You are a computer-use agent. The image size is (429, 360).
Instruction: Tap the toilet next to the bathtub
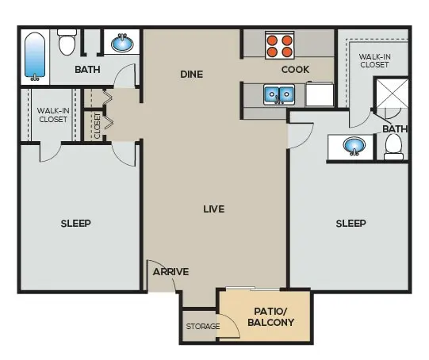coord(67,42)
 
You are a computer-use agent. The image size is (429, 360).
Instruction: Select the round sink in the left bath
coord(122,44)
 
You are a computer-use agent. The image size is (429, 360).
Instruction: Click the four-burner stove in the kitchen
coord(280,45)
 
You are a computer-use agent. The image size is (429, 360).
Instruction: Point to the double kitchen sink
coord(279,94)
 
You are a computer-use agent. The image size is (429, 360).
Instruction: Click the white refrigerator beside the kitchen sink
coord(320,94)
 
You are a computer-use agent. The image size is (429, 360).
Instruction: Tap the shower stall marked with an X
coord(392,94)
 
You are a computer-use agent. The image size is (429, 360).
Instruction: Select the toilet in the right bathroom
coord(393,147)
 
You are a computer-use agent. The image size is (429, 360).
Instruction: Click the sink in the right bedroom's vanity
coord(354,147)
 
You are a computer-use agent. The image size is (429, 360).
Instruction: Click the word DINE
coord(192,74)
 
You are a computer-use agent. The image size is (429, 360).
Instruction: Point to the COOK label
coord(295,70)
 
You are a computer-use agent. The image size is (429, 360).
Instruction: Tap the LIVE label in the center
coord(214,209)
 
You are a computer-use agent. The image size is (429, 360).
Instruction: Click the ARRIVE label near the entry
coord(170,272)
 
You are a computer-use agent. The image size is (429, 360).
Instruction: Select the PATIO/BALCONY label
coord(271,316)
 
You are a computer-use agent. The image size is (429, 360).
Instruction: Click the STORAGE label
coord(203,326)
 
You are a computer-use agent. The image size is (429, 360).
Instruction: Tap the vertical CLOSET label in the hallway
coord(98,126)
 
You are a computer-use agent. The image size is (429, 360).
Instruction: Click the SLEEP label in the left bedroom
coord(76,224)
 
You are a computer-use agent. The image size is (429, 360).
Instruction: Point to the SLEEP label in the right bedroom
coord(350,224)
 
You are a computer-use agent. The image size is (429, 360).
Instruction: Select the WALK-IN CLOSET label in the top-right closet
coord(374,61)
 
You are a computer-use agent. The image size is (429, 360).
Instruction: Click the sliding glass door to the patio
coord(253,289)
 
